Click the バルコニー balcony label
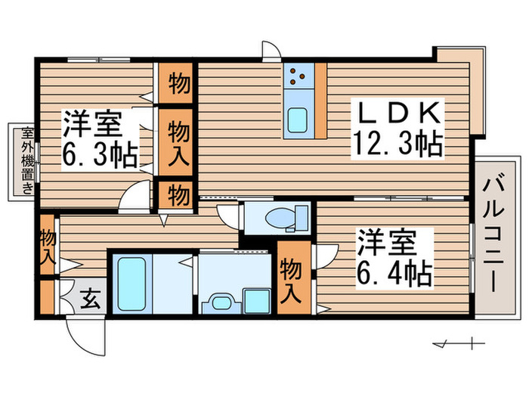click(x=495, y=234)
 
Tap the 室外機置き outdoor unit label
click(x=26, y=160)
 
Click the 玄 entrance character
click(x=90, y=299)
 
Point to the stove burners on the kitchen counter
click(x=298, y=75)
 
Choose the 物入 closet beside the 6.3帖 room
click(x=178, y=142)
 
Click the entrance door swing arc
click(x=83, y=337)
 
